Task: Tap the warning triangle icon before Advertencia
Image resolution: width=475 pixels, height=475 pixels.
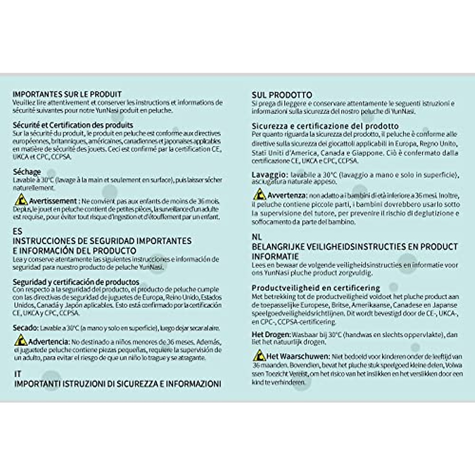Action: [x=21, y=340]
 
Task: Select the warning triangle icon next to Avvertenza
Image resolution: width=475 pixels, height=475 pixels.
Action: [x=259, y=194]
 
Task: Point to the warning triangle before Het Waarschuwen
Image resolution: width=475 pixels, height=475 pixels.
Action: [x=259, y=355]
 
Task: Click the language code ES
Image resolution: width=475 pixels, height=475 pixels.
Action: [x=17, y=231]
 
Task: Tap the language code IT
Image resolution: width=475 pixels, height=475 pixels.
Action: [x=18, y=374]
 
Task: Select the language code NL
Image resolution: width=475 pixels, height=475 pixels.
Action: [x=256, y=237]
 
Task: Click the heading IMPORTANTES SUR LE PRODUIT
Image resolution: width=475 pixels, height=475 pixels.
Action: [x=67, y=94]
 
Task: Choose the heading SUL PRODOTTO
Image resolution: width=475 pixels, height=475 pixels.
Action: [x=282, y=95]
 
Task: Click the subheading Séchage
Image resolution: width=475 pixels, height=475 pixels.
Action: [x=27, y=172]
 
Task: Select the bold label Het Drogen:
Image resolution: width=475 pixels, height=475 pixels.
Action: [x=271, y=334]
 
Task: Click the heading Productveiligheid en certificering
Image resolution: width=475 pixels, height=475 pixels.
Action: [x=316, y=288]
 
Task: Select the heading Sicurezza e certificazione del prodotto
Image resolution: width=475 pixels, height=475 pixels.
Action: [x=325, y=126]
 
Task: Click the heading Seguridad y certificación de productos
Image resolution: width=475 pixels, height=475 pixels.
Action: [x=76, y=282]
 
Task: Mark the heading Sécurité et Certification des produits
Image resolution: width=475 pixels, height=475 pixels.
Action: [x=73, y=125]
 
